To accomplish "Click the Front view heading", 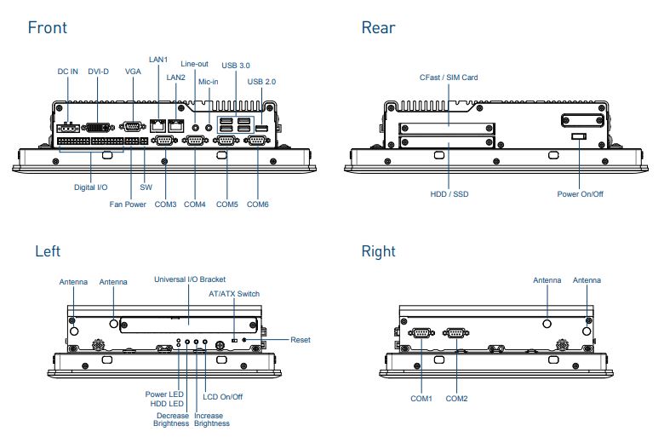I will click(47, 27).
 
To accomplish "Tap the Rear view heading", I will click(378, 27).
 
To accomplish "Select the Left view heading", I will click(48, 251).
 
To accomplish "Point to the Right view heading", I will click(378, 251).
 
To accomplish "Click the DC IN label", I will click(68, 72).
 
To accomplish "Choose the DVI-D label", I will click(99, 72).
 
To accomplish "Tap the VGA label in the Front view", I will click(133, 72).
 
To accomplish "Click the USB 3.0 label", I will click(236, 65).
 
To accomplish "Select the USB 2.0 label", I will click(261, 81).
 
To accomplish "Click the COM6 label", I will click(258, 204).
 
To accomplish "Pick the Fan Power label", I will click(128, 204).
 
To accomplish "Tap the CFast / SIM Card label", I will click(449, 78).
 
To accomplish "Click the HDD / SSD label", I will click(449, 194).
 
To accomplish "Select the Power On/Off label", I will click(581, 194).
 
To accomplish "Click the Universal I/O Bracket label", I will click(189, 279).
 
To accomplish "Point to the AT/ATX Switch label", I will click(234, 294).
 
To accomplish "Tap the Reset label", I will click(301, 340).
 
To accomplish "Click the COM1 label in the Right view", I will click(421, 399).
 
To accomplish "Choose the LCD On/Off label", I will click(223, 397).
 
